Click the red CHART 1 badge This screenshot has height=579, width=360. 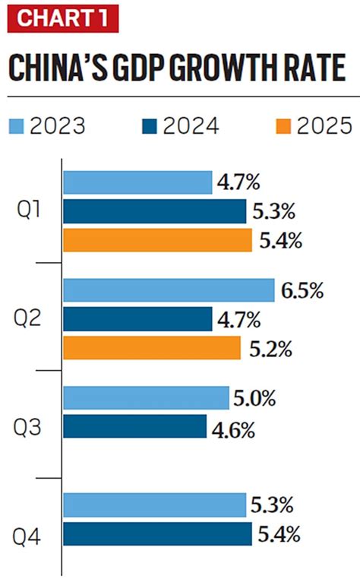click(62, 17)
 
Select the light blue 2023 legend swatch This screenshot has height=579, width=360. click(16, 127)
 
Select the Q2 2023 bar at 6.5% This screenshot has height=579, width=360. click(168, 290)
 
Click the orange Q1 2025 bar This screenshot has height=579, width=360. click(156, 241)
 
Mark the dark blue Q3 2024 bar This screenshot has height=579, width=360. click(134, 426)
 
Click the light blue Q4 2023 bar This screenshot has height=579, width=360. click(154, 505)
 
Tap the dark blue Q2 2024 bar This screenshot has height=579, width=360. click(137, 319)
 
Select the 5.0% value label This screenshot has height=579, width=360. click(256, 398)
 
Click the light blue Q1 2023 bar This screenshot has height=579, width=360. click(137, 182)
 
